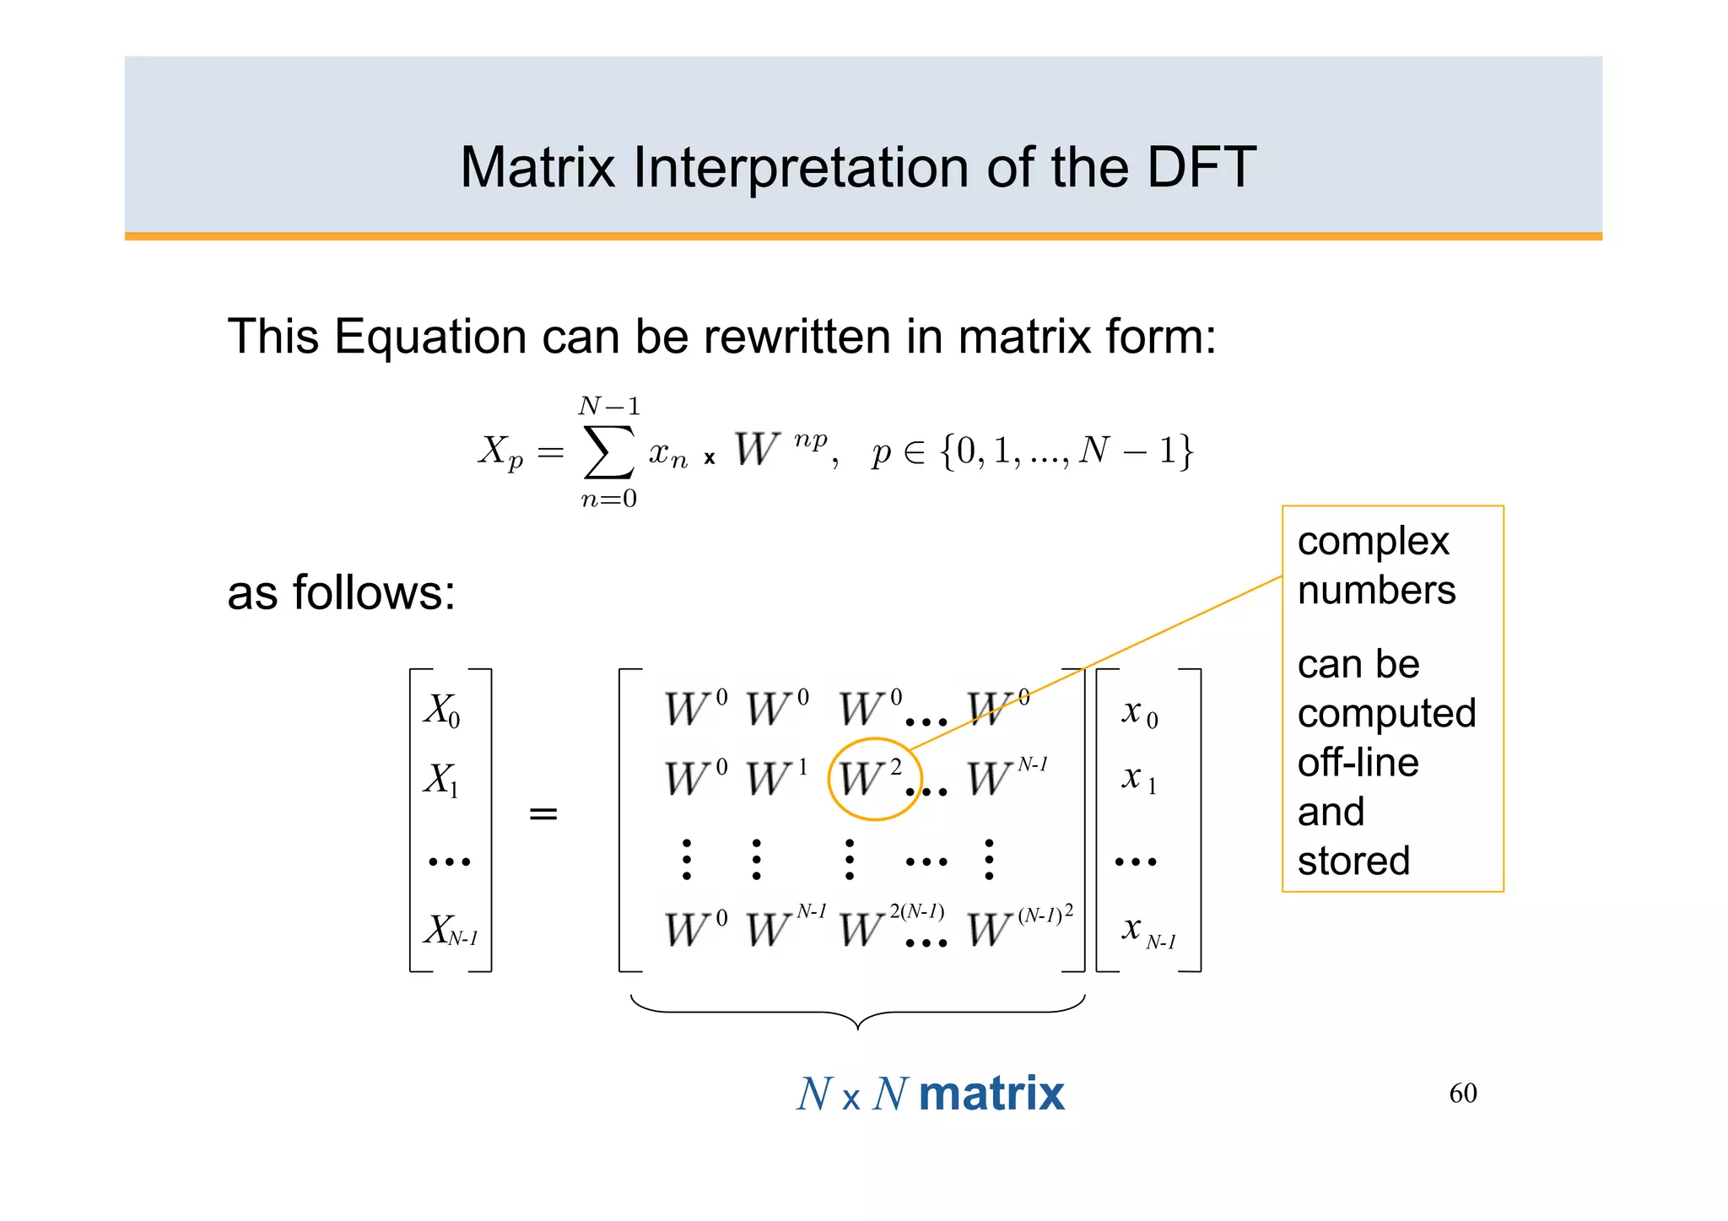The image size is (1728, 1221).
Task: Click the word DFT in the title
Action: click(1201, 167)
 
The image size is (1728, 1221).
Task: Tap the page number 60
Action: click(1462, 1094)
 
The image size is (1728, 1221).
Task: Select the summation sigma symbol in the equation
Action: click(608, 452)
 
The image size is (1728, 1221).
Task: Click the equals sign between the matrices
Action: click(543, 814)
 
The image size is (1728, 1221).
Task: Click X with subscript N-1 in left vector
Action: click(450, 931)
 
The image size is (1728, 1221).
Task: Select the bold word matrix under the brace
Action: click(991, 1094)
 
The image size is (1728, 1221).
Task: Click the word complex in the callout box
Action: click(1373, 542)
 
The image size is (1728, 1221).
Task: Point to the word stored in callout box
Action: click(1353, 862)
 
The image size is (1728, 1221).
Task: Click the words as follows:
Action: click(341, 592)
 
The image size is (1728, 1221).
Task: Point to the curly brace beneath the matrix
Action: click(857, 1012)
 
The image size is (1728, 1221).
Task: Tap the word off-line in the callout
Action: click(1358, 763)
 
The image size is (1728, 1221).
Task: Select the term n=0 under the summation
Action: click(608, 500)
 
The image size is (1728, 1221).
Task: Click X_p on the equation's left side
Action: click(500, 452)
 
